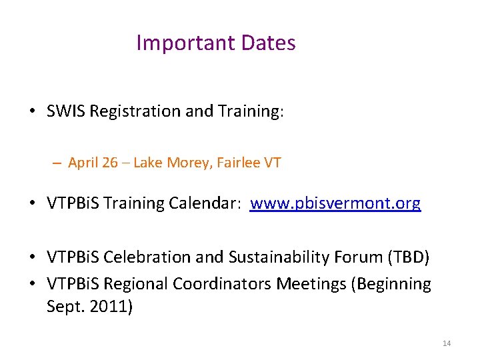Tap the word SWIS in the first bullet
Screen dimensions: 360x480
pyautogui.click(x=66, y=111)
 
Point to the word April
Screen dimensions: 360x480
pyautogui.click(x=83, y=163)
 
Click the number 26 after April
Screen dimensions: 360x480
pyautogui.click(x=111, y=163)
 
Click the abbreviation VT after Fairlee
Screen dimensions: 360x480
pyautogui.click(x=273, y=163)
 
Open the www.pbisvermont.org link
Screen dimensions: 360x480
pyautogui.click(x=335, y=203)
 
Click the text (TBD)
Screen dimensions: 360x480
pyautogui.click(x=411, y=257)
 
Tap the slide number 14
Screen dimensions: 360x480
pyautogui.click(x=447, y=343)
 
